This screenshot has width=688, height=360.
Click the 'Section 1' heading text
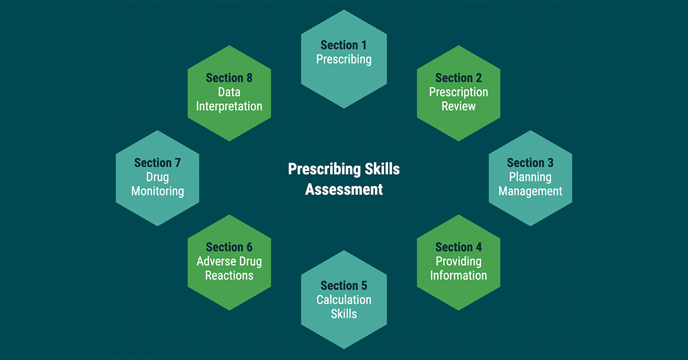[343, 45]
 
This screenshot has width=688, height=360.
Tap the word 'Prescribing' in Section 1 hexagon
[343, 59]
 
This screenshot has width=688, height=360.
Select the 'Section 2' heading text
[458, 78]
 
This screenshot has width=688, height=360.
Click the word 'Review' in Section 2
[458, 106]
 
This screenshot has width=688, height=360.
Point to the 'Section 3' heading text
[530, 163]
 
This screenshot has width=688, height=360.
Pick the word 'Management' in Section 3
[530, 191]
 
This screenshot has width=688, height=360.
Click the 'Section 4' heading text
[458, 247]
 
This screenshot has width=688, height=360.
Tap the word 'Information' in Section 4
[458, 276]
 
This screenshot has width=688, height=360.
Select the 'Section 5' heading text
[343, 285]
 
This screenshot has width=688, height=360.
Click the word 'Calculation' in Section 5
[343, 300]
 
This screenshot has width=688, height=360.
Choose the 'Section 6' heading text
[229, 247]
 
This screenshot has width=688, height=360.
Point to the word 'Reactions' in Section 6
[229, 276]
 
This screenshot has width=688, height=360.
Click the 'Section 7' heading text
[157, 163]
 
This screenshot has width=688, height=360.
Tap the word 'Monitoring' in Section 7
[157, 191]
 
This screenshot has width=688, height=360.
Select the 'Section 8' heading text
[229, 78]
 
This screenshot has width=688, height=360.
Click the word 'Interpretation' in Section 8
[229, 107]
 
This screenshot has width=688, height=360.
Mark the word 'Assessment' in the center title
[343, 189]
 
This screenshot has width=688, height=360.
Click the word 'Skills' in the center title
[382, 169]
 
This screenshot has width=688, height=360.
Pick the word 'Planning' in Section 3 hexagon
[530, 177]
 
